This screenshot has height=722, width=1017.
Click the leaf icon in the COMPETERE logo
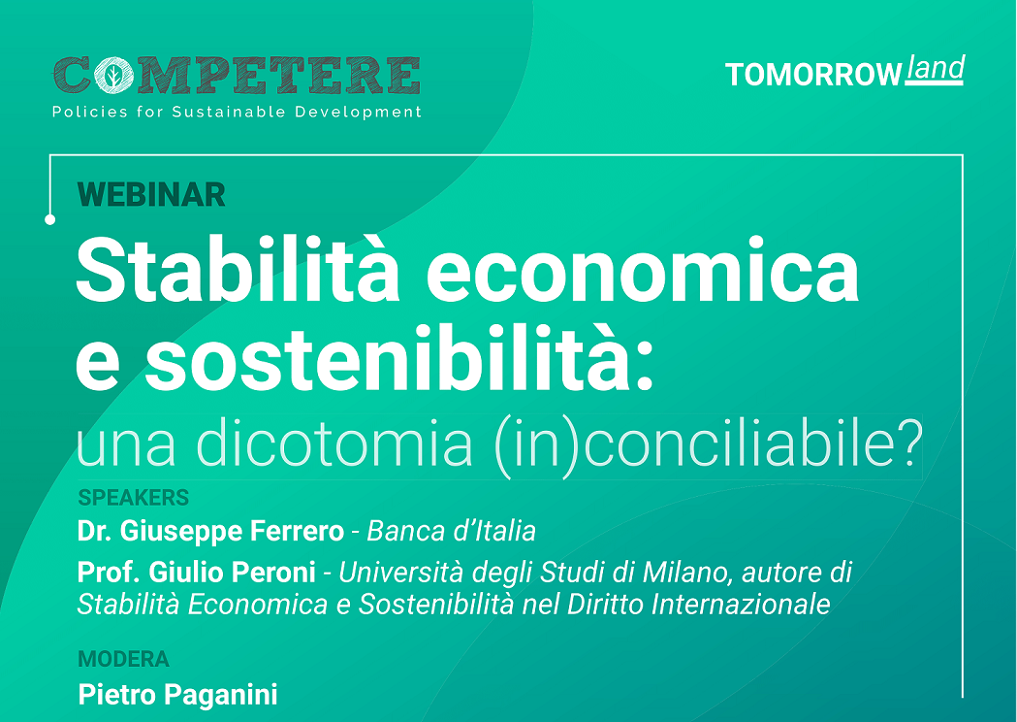113,76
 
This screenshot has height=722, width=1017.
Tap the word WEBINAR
151,195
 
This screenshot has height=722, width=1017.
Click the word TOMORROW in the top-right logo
813,75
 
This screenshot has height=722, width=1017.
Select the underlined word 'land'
936,69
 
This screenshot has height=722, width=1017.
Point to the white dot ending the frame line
50,220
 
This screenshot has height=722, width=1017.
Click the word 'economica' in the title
643,272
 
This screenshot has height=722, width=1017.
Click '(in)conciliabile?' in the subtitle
708,446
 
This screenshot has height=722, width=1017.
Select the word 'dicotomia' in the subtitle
334,445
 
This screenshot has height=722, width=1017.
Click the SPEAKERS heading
134,498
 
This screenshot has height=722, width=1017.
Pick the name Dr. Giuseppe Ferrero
210,531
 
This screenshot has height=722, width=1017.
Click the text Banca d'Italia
452,531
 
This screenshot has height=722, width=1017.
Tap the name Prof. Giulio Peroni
197,573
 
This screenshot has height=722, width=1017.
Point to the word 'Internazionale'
741,605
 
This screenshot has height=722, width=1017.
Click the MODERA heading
123,659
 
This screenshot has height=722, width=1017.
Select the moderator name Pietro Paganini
177,695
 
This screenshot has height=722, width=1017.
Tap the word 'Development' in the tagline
358,113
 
